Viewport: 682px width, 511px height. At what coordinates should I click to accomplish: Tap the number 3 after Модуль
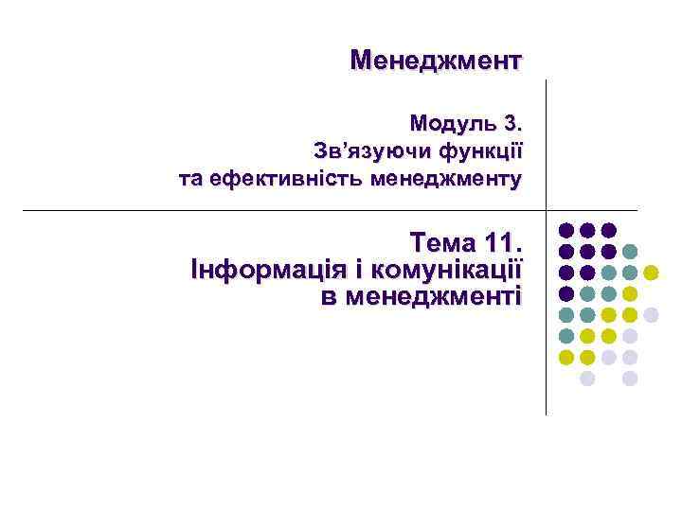[512, 124]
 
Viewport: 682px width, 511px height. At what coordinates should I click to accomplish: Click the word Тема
[441, 240]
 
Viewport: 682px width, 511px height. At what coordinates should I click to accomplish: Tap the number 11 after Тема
[500, 240]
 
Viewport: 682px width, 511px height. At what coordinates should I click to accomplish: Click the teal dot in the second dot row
[630, 252]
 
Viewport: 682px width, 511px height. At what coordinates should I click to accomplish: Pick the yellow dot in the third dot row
[652, 273]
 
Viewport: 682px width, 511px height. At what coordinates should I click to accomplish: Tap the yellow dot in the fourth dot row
[630, 294]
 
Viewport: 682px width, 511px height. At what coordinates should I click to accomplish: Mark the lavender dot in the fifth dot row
[652, 315]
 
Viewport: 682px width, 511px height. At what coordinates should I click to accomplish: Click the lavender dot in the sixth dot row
[630, 336]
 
